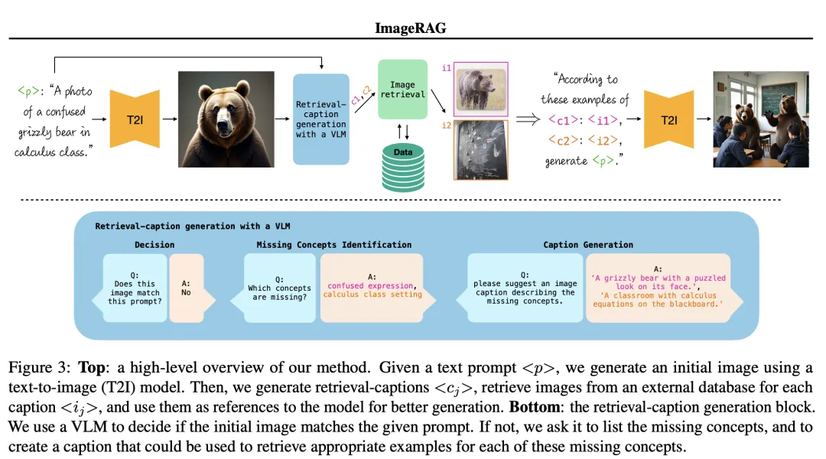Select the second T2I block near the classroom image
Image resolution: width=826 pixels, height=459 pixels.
669,119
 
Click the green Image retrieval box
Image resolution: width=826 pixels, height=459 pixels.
402,90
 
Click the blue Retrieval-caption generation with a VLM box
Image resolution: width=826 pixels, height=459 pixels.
321,119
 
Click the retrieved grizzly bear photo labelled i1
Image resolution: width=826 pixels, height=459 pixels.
480,90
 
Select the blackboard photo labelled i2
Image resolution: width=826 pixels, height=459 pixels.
480,150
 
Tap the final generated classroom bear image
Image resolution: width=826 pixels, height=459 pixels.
760,119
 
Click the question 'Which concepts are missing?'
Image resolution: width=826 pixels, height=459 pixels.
279,293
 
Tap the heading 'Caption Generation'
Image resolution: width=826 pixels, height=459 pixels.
587,245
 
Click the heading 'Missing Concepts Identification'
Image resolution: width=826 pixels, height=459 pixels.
333,245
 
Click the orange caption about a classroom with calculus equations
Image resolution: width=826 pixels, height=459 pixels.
658,299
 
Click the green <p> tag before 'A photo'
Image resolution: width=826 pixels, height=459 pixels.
27,91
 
